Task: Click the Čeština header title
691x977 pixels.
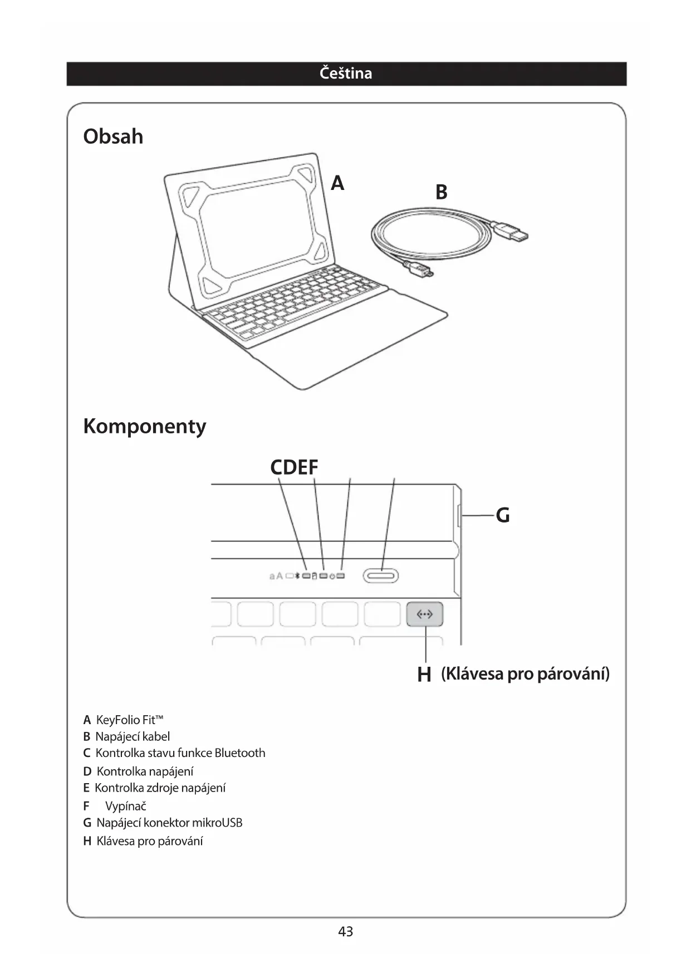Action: tap(346, 74)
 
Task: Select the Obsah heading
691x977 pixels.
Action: tap(113, 136)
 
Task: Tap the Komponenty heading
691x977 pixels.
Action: tap(145, 426)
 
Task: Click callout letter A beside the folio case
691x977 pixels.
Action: tap(337, 183)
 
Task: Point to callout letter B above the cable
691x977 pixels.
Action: tap(441, 192)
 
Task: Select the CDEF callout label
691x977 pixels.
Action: tap(294, 467)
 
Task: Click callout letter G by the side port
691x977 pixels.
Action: tap(502, 516)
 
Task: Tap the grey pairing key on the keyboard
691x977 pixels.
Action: tap(425, 614)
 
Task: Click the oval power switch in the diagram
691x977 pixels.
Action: tap(381, 575)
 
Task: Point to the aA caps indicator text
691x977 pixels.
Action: tap(276, 576)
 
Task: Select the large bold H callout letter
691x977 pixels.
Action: tap(424, 675)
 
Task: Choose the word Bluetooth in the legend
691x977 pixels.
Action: tap(240, 753)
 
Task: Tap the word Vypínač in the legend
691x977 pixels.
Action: tap(125, 806)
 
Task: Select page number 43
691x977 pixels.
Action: tap(345, 931)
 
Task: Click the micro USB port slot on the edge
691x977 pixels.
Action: tap(458, 516)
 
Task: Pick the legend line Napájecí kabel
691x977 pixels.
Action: tap(133, 736)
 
